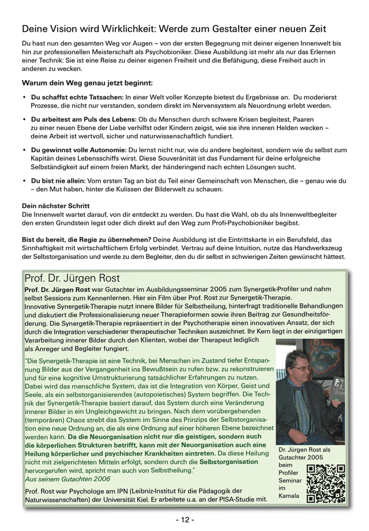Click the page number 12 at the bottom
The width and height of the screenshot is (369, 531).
click(184, 519)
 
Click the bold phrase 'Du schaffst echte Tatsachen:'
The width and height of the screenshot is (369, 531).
click(77, 97)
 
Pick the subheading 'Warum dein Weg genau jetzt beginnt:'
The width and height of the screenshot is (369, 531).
click(87, 83)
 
